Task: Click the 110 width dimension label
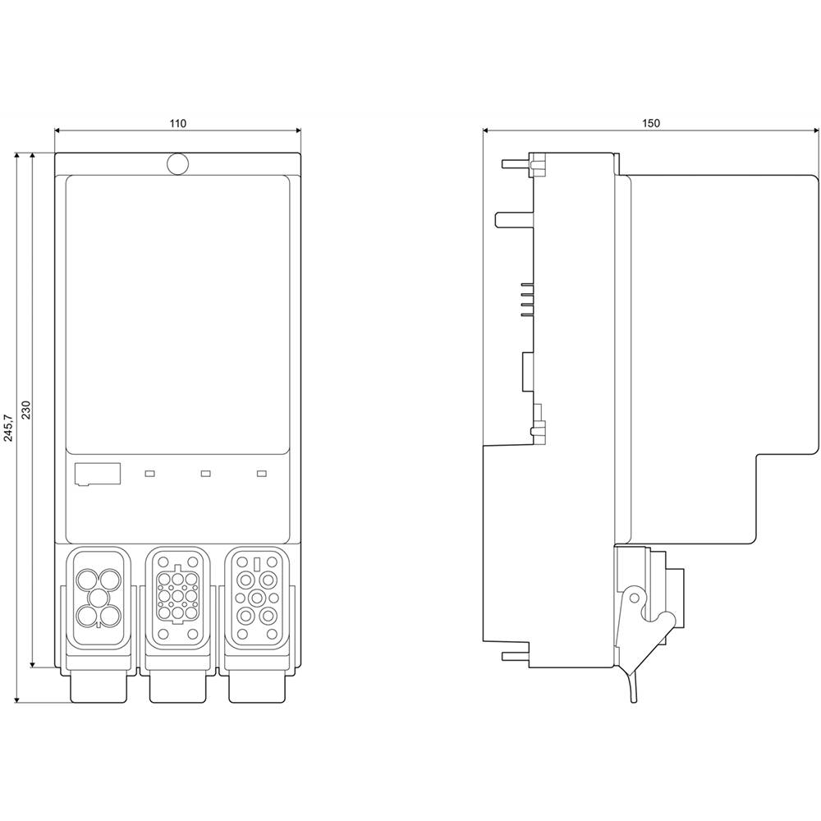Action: [x=177, y=123]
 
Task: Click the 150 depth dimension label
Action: [x=650, y=123]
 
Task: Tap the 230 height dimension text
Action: [x=25, y=410]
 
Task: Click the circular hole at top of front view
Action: [x=177, y=163]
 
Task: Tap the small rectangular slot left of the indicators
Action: [x=97, y=474]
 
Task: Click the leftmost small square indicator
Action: [x=149, y=473]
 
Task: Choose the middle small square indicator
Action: [x=205, y=473]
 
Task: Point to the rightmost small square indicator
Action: [x=262, y=473]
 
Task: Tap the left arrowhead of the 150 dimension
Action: [x=486, y=130]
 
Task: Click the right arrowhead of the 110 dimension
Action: [x=297, y=130]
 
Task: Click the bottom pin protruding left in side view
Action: [x=513, y=654]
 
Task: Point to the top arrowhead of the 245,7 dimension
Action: [x=17, y=155]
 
